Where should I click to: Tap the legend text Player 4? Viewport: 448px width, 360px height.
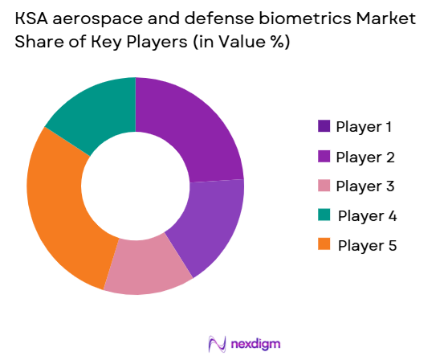coord(366,215)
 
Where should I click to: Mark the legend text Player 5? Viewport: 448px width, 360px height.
coord(366,245)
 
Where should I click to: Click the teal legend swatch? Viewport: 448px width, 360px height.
coord(324,215)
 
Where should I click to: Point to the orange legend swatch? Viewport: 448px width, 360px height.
coord(324,245)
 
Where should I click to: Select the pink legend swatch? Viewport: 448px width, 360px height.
coord(324,186)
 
